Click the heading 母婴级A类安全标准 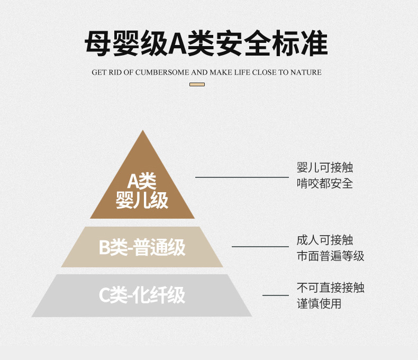pyautogui.click(x=206, y=44)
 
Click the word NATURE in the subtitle pyautogui.click(x=306, y=72)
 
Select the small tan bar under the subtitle pyautogui.click(x=197, y=84)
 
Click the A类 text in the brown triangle pyautogui.click(x=142, y=182)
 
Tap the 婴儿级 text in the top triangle pyautogui.click(x=142, y=200)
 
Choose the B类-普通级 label pyautogui.click(x=142, y=248)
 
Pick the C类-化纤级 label pyautogui.click(x=142, y=295)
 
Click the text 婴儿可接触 pyautogui.click(x=324, y=168)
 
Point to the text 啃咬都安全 pyautogui.click(x=324, y=184)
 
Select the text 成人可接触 pyautogui.click(x=324, y=240)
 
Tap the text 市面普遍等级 pyautogui.click(x=330, y=256)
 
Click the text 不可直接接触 pyautogui.click(x=330, y=288)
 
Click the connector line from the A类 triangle pyautogui.click(x=241, y=177)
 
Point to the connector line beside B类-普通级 pyautogui.click(x=260, y=246)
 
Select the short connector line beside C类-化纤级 pyautogui.click(x=275, y=295)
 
